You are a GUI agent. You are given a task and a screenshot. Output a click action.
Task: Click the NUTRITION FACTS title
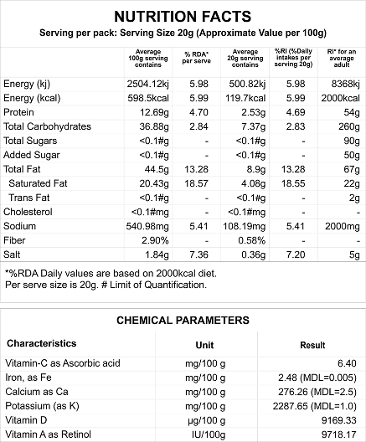point(183,17)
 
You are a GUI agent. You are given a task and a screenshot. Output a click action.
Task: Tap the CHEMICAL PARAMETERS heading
point(183,321)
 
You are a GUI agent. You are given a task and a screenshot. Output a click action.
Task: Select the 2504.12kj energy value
point(147,84)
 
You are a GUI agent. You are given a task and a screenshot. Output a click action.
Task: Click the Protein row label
point(18,112)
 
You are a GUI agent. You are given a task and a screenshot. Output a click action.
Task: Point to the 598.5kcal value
point(148,98)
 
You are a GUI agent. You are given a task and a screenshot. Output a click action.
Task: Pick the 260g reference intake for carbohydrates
point(349,126)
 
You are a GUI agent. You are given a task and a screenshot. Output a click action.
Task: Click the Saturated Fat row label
point(38,183)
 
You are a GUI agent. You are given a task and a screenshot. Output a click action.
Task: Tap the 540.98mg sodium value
point(147,226)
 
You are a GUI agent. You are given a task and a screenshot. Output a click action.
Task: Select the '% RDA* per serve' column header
point(196,58)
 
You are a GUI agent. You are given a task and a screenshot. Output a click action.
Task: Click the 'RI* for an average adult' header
point(342,58)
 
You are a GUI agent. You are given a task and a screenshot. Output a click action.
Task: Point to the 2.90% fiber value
point(155,240)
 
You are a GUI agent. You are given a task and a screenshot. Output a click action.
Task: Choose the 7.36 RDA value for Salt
point(198,254)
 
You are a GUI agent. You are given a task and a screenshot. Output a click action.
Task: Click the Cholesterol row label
point(28,212)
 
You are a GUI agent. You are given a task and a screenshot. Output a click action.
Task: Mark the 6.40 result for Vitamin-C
point(347,363)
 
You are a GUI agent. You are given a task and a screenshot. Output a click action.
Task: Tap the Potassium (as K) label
point(43,406)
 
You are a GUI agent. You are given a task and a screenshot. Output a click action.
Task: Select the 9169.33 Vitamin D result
point(339,420)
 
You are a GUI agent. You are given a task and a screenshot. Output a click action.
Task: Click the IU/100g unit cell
point(209,434)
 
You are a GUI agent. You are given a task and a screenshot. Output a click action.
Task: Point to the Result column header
point(312,345)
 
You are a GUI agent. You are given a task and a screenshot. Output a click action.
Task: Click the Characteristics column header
point(41,343)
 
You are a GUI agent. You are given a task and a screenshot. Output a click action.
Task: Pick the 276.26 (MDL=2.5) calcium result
point(317,392)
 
